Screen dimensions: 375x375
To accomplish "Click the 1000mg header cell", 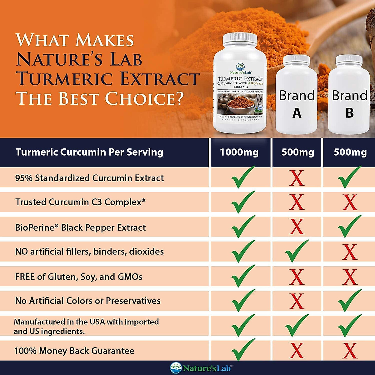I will [x=239, y=152].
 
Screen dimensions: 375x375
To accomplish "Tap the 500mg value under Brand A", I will [x=297, y=152].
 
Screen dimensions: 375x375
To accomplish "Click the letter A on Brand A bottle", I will [x=297, y=113].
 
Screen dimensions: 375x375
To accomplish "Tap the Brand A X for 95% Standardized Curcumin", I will [x=297, y=178].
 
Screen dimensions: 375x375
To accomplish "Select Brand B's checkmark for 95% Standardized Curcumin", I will [x=349, y=177].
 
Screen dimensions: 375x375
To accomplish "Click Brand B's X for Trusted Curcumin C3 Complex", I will [x=350, y=202].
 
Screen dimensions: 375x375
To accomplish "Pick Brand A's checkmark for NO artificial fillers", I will [x=297, y=251].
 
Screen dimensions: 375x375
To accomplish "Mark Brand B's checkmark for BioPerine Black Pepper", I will [x=349, y=227].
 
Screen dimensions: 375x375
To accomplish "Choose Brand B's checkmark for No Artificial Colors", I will [x=349, y=301].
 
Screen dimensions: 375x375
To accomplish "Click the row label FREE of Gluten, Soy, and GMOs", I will [x=79, y=277].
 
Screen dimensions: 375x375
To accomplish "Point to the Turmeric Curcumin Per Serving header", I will [x=89, y=152].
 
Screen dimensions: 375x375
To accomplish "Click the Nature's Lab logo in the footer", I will [x=201, y=368].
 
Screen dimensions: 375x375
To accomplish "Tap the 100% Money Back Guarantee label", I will [x=74, y=351].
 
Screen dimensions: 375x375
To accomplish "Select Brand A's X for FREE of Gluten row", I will [x=297, y=277].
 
